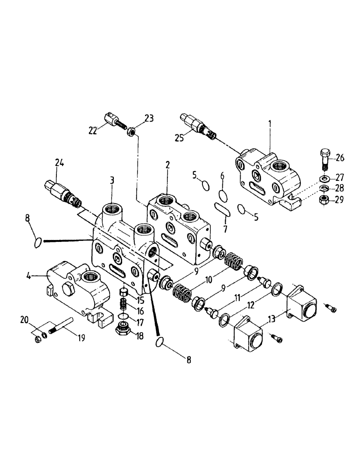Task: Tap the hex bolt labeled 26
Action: tap(324, 159)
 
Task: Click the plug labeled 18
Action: tap(123, 333)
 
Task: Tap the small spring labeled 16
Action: tap(123, 305)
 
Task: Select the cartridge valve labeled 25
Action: tap(200, 126)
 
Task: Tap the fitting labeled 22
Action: tap(113, 121)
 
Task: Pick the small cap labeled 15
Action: tap(124, 293)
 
